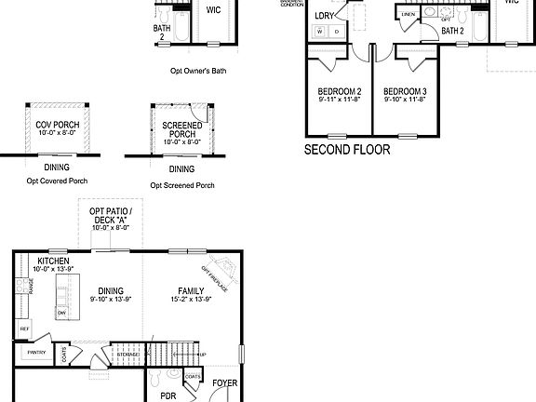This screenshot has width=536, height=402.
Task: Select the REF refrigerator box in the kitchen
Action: point(24,329)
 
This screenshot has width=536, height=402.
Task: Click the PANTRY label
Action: point(37,353)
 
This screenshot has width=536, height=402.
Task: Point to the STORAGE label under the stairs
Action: point(127,355)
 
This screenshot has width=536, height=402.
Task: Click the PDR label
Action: point(155,395)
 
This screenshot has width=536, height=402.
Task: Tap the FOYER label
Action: point(224,382)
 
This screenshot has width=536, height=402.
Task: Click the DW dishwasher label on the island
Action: point(61,314)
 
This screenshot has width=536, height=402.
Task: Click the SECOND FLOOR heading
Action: point(347,149)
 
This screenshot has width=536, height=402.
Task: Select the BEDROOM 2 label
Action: point(340,91)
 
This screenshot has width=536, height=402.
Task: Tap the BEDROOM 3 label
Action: point(405,91)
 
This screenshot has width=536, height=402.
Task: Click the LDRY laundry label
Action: point(324,16)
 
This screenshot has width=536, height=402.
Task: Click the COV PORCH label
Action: point(58,125)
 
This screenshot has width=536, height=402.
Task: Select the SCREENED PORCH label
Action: point(181,129)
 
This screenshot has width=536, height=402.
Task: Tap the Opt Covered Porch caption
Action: point(57,181)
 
